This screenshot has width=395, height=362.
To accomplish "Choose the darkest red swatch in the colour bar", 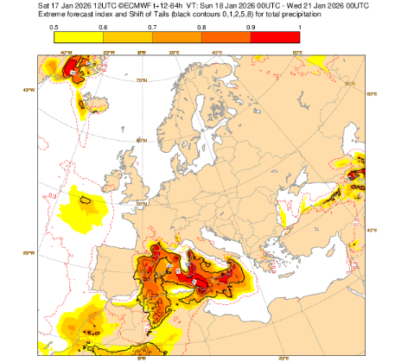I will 274,40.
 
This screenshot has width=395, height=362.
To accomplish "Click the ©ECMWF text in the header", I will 105,6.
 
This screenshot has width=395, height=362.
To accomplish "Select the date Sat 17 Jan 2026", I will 32,6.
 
